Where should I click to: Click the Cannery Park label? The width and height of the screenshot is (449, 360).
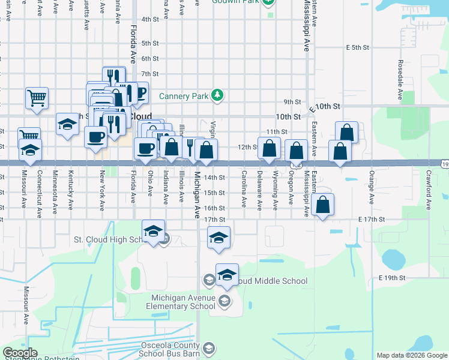coord(183,96)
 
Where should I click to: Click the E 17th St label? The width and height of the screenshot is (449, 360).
coord(370,220)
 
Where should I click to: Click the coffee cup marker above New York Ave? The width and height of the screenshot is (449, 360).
coord(96,137)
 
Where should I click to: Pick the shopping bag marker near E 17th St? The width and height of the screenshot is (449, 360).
coord(323,204)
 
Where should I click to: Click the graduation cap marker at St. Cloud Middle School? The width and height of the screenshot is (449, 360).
coord(227,274)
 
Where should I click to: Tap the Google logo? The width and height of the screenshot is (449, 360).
coord(19,353)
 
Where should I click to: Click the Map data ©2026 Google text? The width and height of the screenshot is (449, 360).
coord(411,355)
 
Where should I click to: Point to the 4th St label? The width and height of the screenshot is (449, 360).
coord(149,19)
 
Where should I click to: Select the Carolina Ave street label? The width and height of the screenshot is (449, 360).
coord(244,190)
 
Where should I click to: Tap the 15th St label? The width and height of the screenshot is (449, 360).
coord(213,193)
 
